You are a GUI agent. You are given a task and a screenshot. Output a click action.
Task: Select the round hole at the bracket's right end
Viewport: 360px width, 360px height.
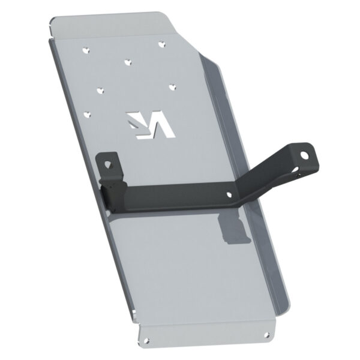click(305, 155)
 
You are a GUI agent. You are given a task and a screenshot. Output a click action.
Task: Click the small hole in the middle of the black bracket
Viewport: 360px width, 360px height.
click(231, 193)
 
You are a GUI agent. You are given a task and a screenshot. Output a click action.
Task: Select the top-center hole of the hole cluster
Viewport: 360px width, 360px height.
click(127, 61)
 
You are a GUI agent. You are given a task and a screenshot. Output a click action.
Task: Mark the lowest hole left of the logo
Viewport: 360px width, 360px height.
click(89, 112)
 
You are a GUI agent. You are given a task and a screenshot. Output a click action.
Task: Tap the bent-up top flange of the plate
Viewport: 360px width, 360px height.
click(108, 24)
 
